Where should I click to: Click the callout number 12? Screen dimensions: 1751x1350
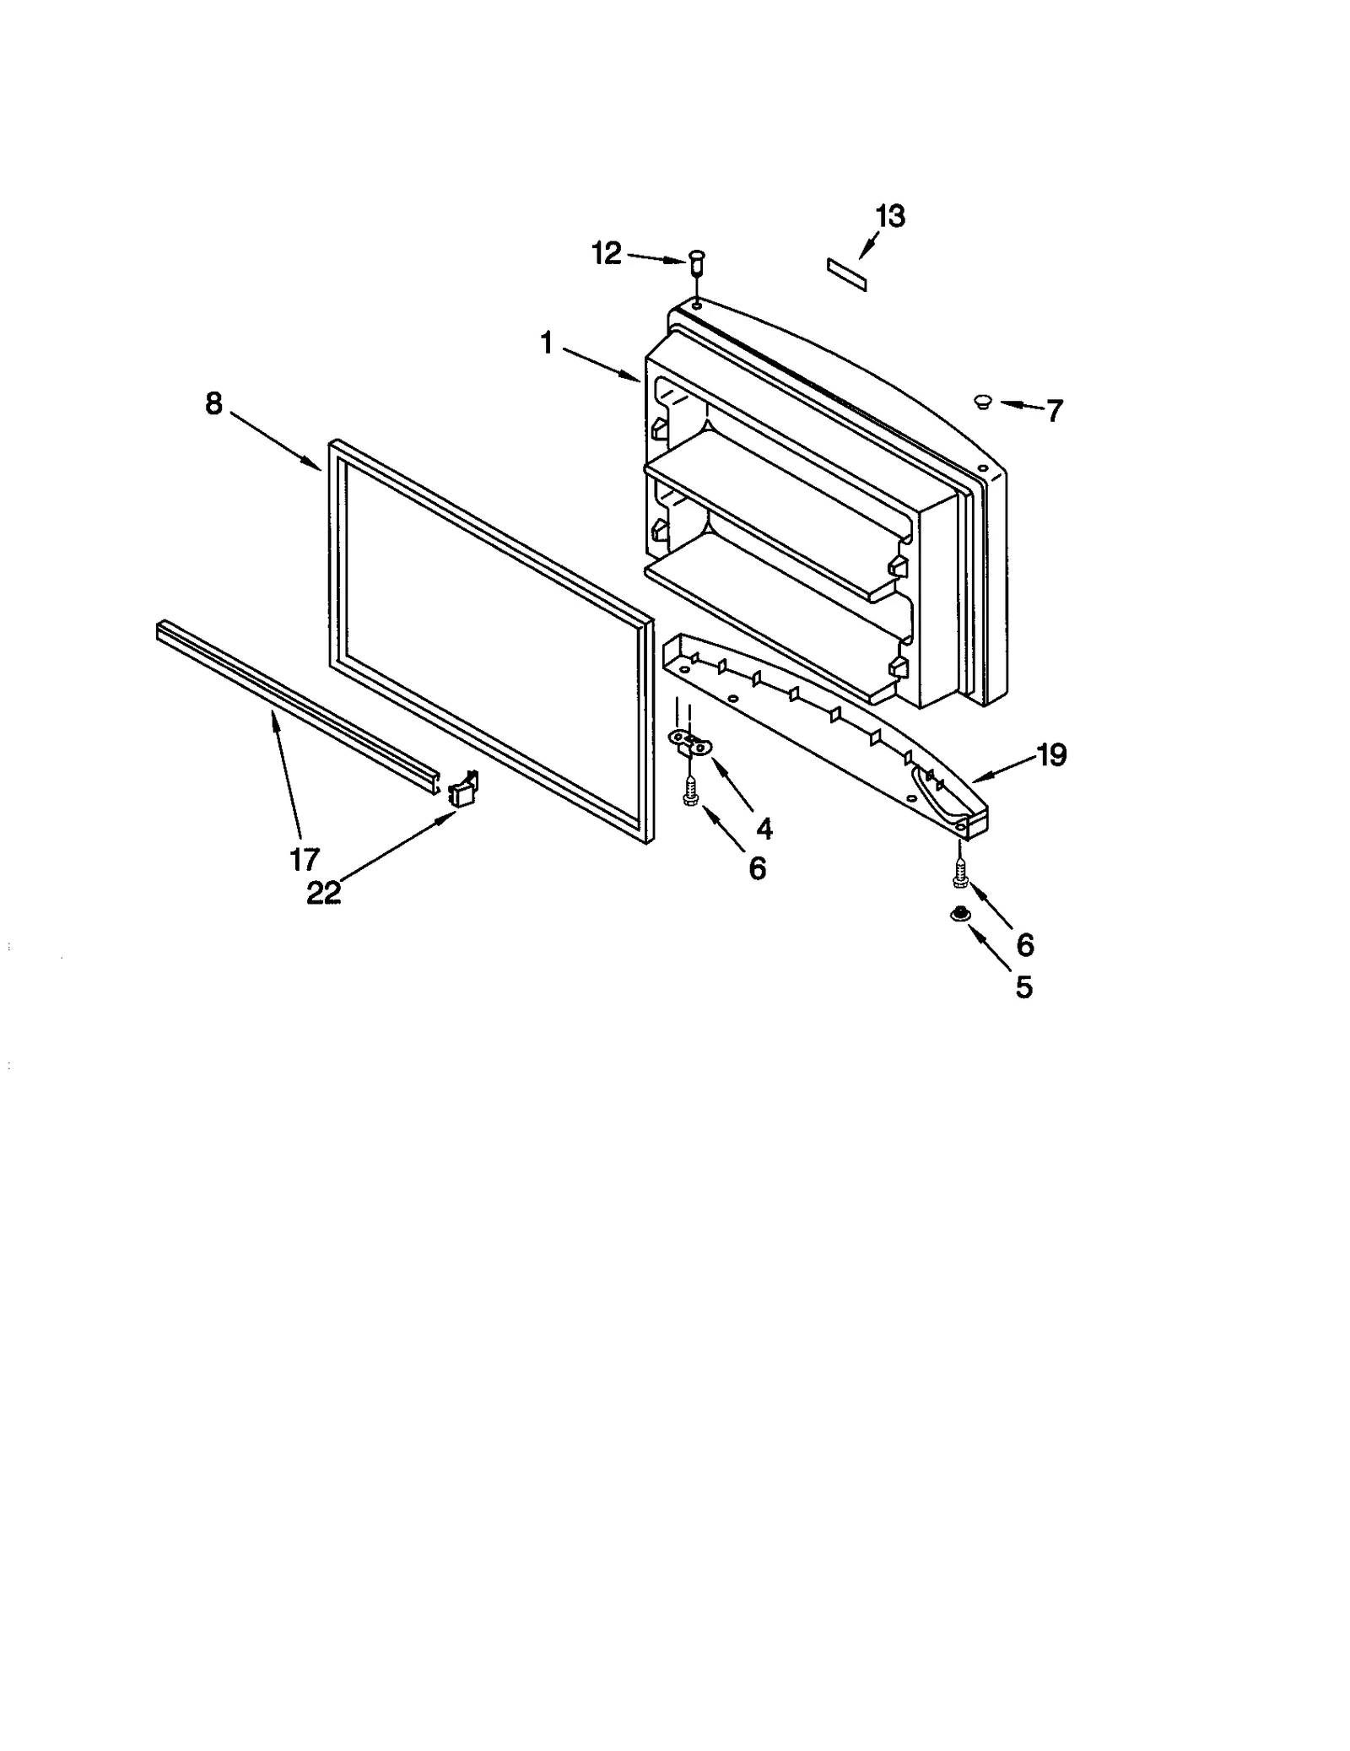606,252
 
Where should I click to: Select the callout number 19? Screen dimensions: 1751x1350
1051,755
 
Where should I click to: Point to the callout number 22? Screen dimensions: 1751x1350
323,892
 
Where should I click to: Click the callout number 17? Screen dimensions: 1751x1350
304,859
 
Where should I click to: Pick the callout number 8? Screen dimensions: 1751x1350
214,404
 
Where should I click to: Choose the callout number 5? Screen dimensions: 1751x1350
1023,986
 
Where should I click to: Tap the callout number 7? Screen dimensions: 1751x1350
1054,412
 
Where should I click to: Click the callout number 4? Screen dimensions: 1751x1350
764,829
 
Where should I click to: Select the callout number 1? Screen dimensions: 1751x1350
547,343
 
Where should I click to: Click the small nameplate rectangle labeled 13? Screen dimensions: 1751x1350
846,275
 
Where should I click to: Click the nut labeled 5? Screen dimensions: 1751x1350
958,914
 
